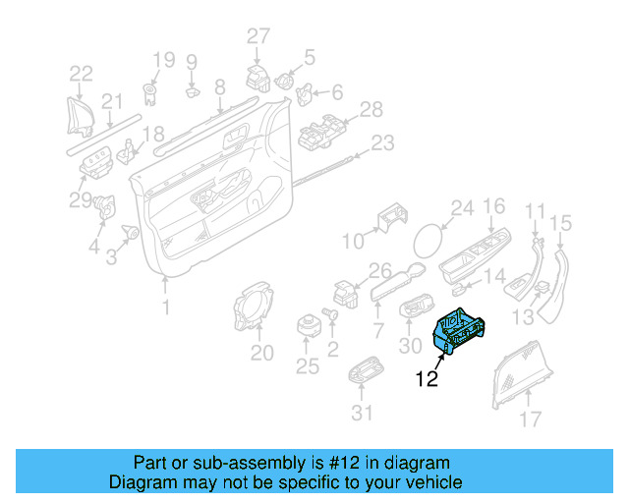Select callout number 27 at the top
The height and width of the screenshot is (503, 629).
[x=257, y=36]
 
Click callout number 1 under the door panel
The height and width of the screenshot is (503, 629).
[x=165, y=307]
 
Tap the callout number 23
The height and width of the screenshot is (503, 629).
[x=381, y=143]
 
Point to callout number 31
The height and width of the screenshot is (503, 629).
[x=363, y=413]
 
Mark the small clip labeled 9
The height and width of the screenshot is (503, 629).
[x=193, y=93]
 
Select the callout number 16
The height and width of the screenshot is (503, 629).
[x=493, y=206]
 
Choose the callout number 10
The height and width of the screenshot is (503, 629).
[x=352, y=240]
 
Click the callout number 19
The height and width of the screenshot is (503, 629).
[x=162, y=58]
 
